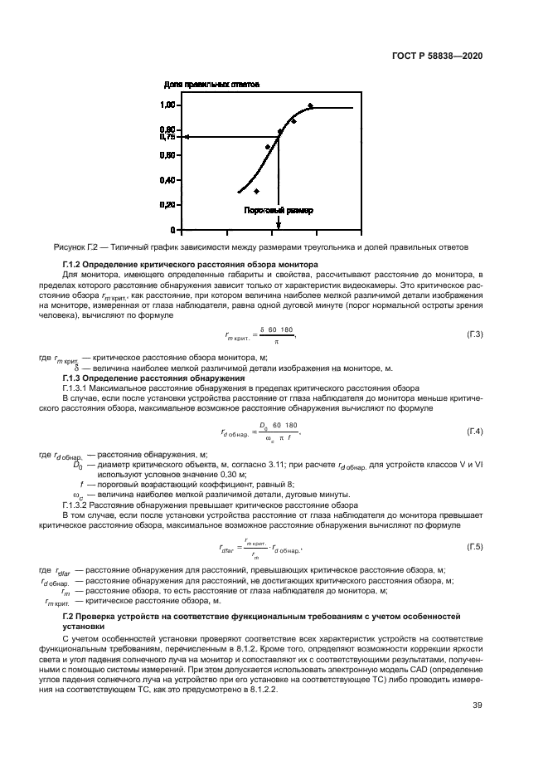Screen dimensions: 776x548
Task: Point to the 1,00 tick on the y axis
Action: click(168, 105)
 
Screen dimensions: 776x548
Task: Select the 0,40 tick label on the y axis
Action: click(168, 180)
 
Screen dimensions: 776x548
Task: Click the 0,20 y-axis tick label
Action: click(168, 205)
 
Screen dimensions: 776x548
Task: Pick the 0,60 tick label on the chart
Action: click(168, 155)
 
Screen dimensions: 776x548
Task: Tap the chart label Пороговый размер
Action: click(279, 211)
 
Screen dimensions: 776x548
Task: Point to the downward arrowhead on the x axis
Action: click(279, 225)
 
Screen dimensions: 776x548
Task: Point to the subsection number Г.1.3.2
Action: click(79, 504)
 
